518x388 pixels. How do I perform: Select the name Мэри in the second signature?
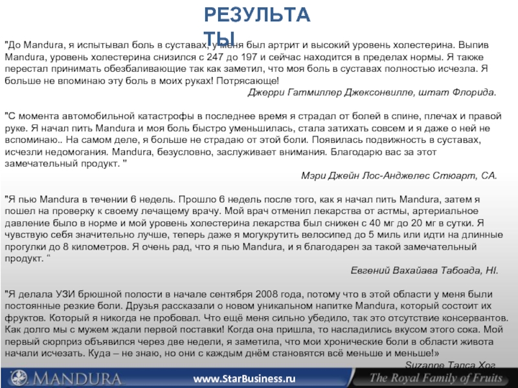(x=314, y=175)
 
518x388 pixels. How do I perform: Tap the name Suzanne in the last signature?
(x=412, y=365)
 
